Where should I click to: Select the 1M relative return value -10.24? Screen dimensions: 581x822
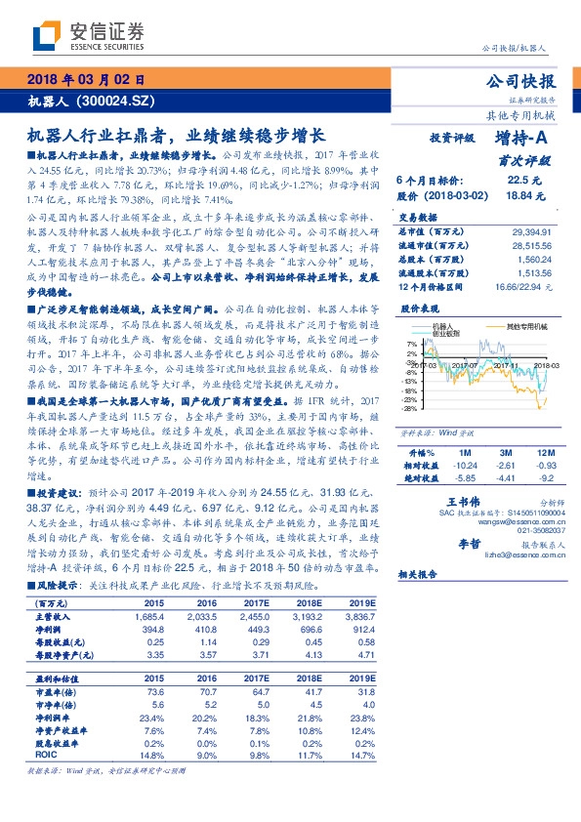(x=465, y=466)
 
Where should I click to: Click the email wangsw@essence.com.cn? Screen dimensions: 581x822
(x=524, y=523)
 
